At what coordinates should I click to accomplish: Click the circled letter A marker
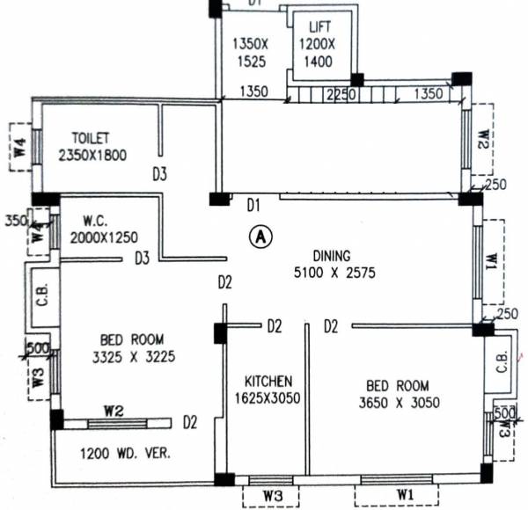click(260, 236)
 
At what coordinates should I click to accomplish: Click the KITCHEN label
click(268, 381)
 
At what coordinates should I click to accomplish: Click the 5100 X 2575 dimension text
click(336, 273)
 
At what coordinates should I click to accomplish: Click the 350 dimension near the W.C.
click(15, 219)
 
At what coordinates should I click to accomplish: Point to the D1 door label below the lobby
click(253, 206)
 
